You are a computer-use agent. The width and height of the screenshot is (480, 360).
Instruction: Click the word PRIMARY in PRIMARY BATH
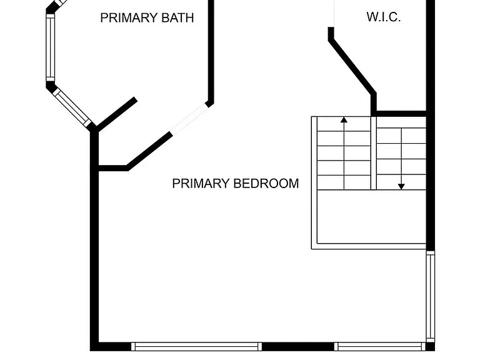pos(129,17)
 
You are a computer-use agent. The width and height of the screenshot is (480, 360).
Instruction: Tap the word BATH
pos(177,17)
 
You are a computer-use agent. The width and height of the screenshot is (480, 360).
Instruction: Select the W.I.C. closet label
pos(384,17)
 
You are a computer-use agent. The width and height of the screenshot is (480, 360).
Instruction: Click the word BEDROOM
pos(266,183)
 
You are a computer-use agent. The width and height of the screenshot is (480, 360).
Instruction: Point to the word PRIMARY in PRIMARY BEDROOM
pos(201,183)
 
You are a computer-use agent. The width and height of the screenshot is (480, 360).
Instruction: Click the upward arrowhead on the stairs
pos(344,120)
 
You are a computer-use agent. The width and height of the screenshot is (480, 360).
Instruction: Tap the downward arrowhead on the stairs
pos(401,186)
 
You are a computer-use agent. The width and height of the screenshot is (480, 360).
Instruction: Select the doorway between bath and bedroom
pos(189,119)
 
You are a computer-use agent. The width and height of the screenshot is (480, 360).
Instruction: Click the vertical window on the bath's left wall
pos(50,47)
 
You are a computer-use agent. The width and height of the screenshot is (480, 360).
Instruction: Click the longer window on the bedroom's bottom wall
pos(196,346)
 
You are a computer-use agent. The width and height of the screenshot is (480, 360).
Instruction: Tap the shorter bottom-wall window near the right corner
pos(379,346)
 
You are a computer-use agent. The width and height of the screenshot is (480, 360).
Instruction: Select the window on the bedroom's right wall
pos(431,296)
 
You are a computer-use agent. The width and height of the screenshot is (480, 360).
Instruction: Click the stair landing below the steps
pos(372,217)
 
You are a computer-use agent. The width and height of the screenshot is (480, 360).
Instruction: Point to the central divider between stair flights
pos(374,153)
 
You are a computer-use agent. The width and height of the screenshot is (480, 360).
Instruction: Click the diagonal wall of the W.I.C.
pos(352,66)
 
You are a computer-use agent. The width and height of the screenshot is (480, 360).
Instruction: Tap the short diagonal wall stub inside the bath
pos(116,114)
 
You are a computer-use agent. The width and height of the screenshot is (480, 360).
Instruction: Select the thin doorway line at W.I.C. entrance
pos(334,14)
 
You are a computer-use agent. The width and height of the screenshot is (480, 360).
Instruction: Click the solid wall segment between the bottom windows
pos(298,346)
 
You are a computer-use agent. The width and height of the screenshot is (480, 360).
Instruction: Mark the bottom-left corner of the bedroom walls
pos(90,351)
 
